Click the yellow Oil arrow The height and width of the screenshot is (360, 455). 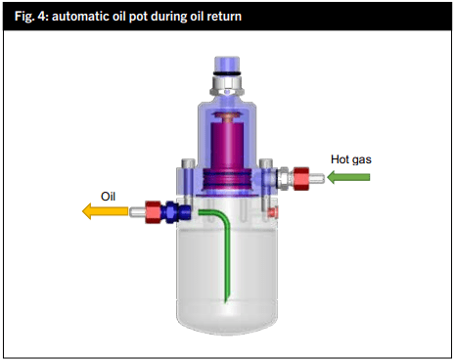coord(102,209)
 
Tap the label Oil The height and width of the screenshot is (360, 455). coord(107,195)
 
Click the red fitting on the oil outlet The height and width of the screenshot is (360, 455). coord(152,209)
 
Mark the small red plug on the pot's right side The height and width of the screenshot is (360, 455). coord(277,210)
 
